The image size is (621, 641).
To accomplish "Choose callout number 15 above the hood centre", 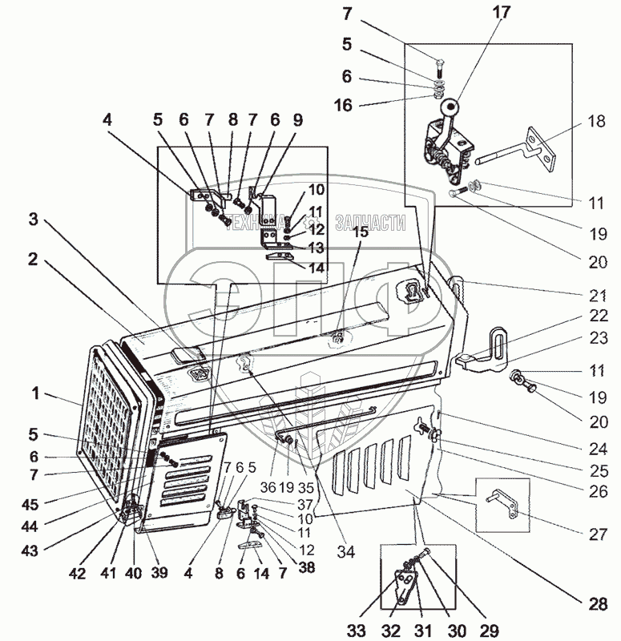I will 361,232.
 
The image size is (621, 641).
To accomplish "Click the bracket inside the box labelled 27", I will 503,502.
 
